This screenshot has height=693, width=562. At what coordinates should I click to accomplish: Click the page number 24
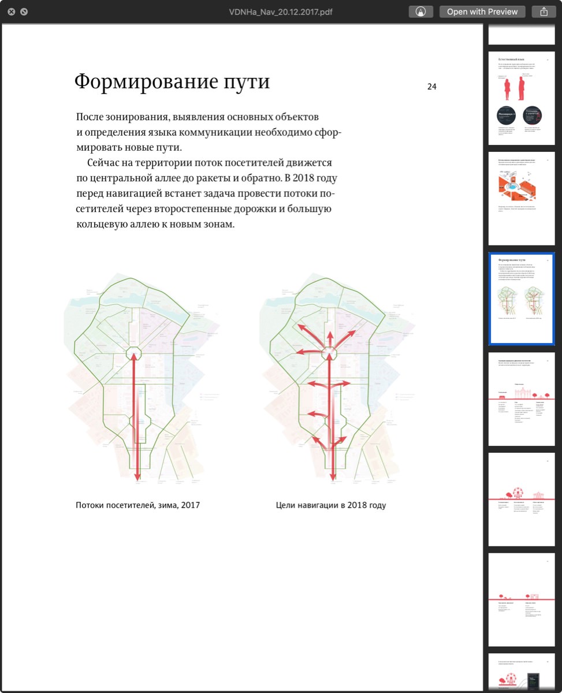tap(431, 87)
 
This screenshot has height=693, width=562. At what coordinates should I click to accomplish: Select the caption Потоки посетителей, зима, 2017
tap(137, 505)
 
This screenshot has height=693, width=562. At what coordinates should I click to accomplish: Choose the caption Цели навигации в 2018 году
tap(331, 505)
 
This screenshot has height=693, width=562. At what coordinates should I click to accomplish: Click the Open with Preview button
tap(482, 12)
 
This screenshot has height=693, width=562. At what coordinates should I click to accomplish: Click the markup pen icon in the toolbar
tap(420, 12)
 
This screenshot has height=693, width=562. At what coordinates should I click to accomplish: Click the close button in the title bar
tap(12, 12)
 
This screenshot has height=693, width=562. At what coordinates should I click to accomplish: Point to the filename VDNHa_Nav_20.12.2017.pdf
tap(281, 12)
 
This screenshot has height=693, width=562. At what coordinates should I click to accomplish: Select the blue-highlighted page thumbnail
tap(521, 299)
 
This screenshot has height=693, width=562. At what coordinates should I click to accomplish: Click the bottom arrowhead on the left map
tap(137, 476)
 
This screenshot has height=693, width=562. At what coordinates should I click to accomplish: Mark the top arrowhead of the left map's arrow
tap(135, 356)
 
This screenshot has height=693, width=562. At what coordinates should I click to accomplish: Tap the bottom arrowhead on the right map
tap(333, 476)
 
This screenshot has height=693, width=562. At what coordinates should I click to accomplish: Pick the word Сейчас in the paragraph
tap(105, 163)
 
